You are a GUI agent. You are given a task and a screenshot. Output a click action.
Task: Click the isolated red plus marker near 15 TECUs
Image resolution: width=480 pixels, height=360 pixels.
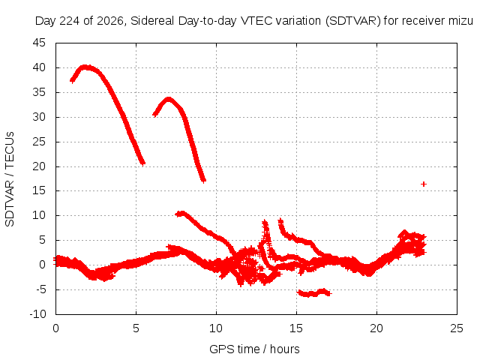tap(424, 184)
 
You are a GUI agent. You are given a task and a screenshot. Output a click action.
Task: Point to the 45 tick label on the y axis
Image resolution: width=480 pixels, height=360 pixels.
tap(39, 43)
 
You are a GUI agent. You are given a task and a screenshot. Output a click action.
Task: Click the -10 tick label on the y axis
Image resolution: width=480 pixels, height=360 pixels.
tap(37, 314)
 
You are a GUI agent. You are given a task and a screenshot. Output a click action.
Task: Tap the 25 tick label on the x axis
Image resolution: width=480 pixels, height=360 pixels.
tap(457, 328)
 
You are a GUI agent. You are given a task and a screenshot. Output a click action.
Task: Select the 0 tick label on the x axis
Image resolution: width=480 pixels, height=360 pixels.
tap(55, 328)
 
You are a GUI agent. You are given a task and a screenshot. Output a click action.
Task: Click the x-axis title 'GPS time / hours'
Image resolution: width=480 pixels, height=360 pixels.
tap(254, 349)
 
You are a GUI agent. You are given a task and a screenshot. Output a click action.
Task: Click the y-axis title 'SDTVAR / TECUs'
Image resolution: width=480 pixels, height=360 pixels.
tap(10, 179)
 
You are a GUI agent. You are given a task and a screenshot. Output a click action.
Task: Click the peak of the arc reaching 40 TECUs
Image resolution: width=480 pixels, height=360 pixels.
tap(85, 67)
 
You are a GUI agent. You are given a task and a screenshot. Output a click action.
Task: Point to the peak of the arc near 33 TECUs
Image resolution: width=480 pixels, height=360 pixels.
tap(168, 100)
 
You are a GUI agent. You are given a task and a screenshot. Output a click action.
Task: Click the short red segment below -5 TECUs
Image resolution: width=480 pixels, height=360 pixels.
tap(314, 292)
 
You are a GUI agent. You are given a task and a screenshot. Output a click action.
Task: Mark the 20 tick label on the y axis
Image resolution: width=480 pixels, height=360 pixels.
tap(39, 166)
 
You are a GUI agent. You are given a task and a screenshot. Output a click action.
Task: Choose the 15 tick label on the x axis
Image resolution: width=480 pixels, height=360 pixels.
tap(296, 328)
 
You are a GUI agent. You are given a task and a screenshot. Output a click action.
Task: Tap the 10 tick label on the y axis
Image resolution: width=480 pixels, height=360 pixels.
tap(39, 215)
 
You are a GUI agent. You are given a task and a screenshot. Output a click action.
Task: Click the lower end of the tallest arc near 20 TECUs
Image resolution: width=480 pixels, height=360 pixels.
tap(142, 163)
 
